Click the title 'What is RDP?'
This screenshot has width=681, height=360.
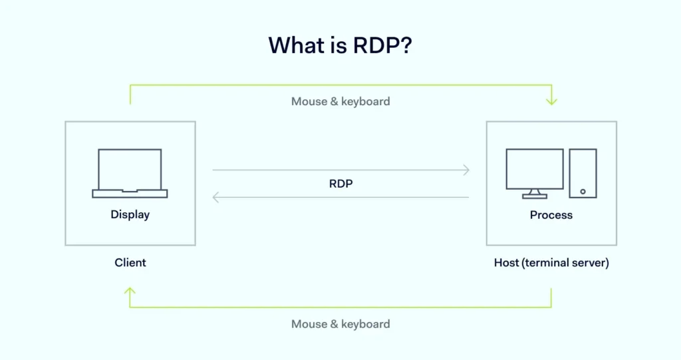(x=340, y=45)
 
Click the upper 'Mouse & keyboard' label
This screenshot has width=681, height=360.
(x=340, y=101)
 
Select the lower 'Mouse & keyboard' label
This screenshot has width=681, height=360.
(x=340, y=324)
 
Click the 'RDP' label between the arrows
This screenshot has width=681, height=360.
(x=341, y=184)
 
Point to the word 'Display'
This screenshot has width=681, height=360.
(x=130, y=214)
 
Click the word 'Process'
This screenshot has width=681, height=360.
(x=551, y=215)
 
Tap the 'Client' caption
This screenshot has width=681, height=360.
(x=130, y=263)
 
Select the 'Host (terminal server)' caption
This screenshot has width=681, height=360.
(x=551, y=263)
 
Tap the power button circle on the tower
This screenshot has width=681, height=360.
(x=583, y=192)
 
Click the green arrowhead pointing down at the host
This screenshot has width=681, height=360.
(x=551, y=101)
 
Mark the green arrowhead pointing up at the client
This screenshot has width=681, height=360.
(x=130, y=291)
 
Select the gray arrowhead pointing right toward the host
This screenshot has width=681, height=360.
(x=466, y=170)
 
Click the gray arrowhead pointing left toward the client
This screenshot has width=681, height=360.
(x=215, y=198)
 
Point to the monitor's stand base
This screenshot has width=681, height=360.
(x=535, y=196)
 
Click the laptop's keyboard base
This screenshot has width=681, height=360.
(x=130, y=194)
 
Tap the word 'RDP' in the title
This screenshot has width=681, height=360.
(x=376, y=45)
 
